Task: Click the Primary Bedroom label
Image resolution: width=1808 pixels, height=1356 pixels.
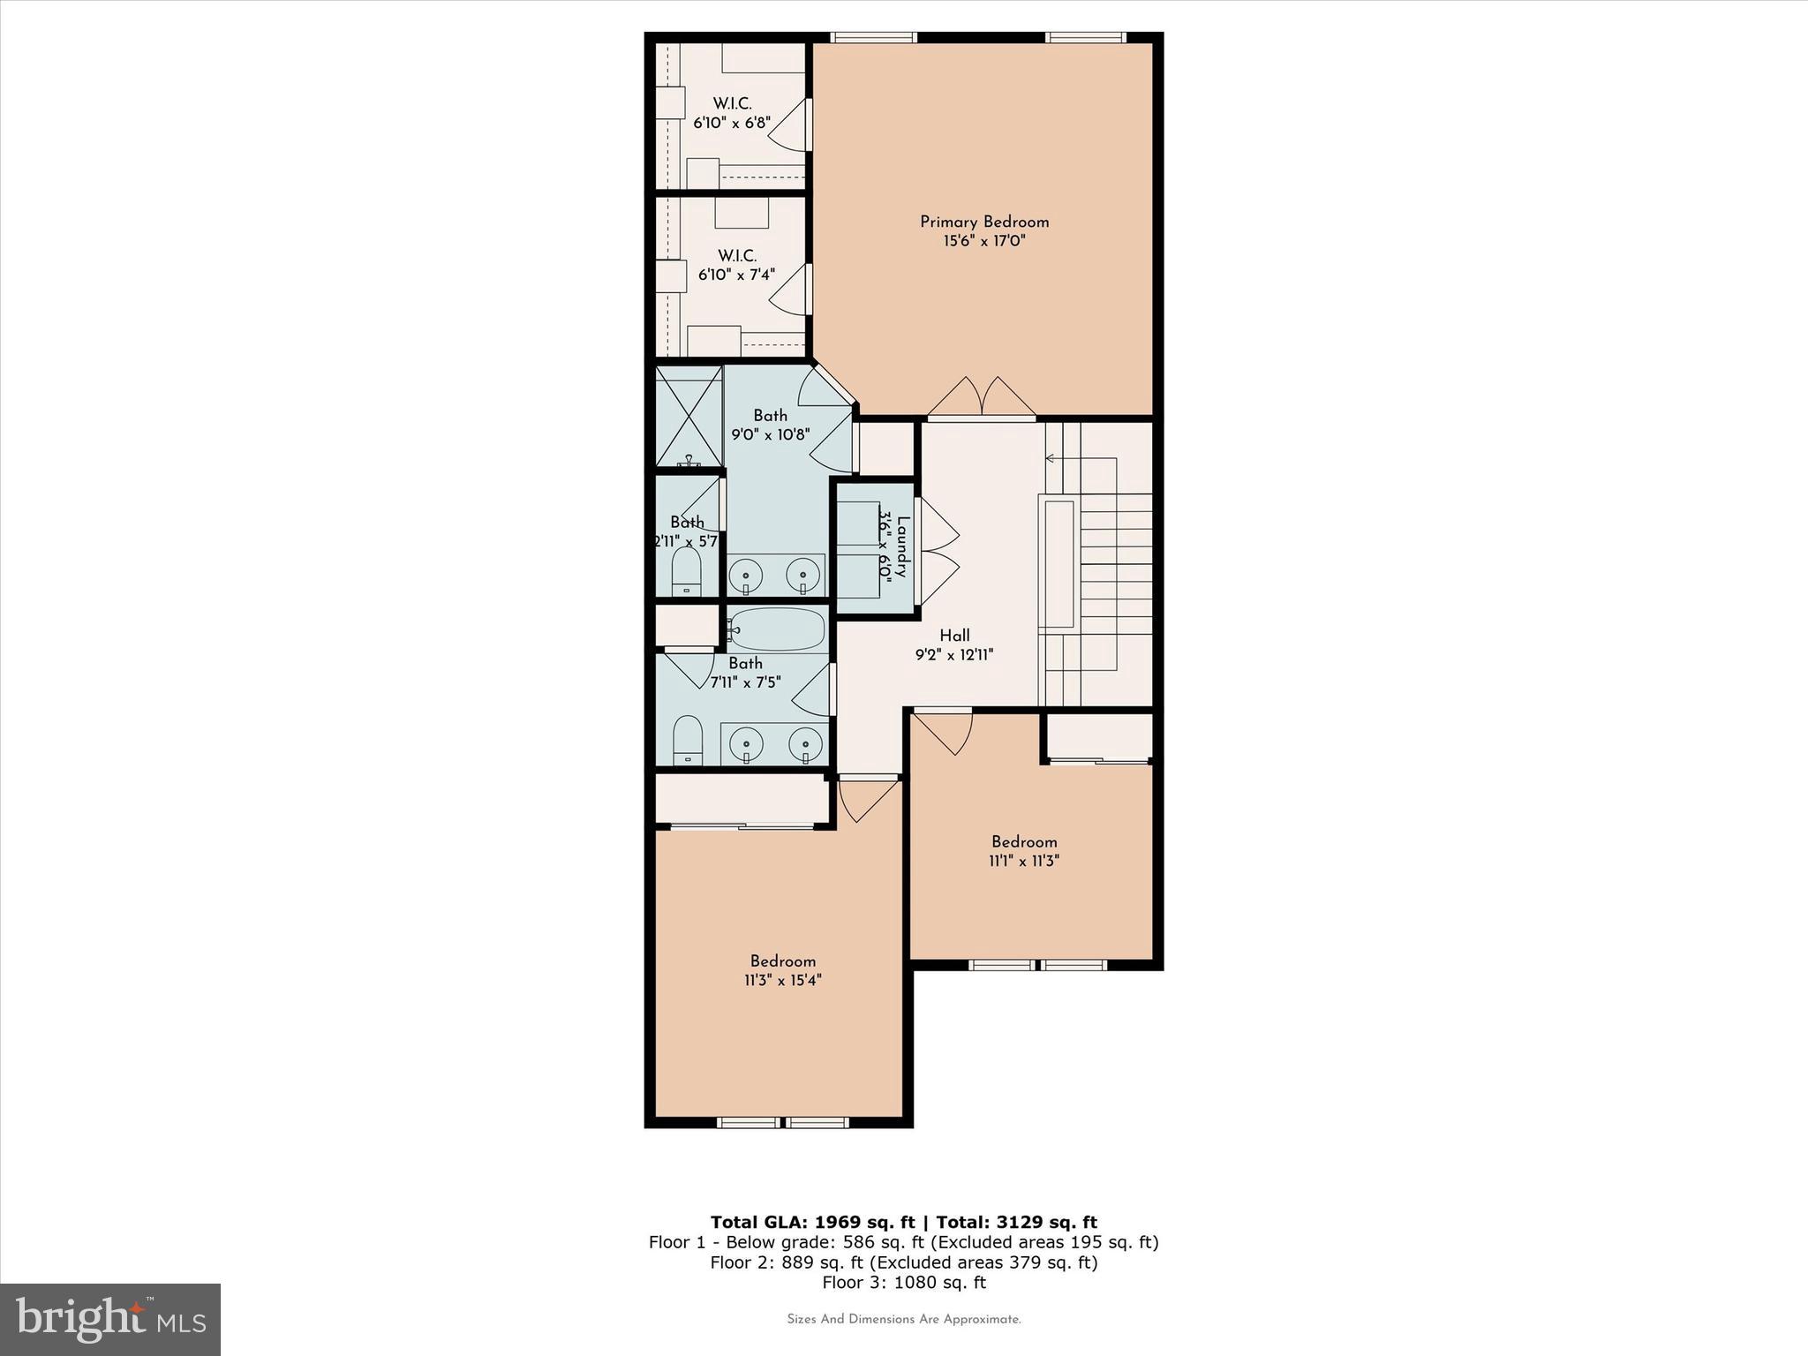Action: click(x=984, y=222)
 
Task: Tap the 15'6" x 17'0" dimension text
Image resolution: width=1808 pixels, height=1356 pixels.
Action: click(x=984, y=241)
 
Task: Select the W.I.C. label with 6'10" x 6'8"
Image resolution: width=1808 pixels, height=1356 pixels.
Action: click(x=733, y=104)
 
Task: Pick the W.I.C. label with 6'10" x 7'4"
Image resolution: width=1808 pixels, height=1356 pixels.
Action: click(x=736, y=256)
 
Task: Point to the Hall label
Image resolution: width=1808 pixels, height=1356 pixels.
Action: click(x=954, y=636)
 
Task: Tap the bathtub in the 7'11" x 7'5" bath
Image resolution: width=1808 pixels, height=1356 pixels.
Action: click(x=777, y=629)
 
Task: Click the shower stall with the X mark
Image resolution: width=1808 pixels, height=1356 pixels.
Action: click(x=689, y=416)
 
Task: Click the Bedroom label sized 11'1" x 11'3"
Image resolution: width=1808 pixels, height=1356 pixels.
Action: click(x=1024, y=842)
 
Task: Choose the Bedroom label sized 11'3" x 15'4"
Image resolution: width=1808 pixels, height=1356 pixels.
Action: click(x=783, y=961)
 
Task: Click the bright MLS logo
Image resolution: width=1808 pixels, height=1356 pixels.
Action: click(x=110, y=1319)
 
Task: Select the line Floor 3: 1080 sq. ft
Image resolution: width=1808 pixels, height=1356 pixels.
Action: click(x=903, y=1283)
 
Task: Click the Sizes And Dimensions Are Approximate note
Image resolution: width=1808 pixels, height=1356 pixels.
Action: click(x=903, y=1320)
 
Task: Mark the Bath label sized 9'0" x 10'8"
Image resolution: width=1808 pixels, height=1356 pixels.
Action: click(x=770, y=416)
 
